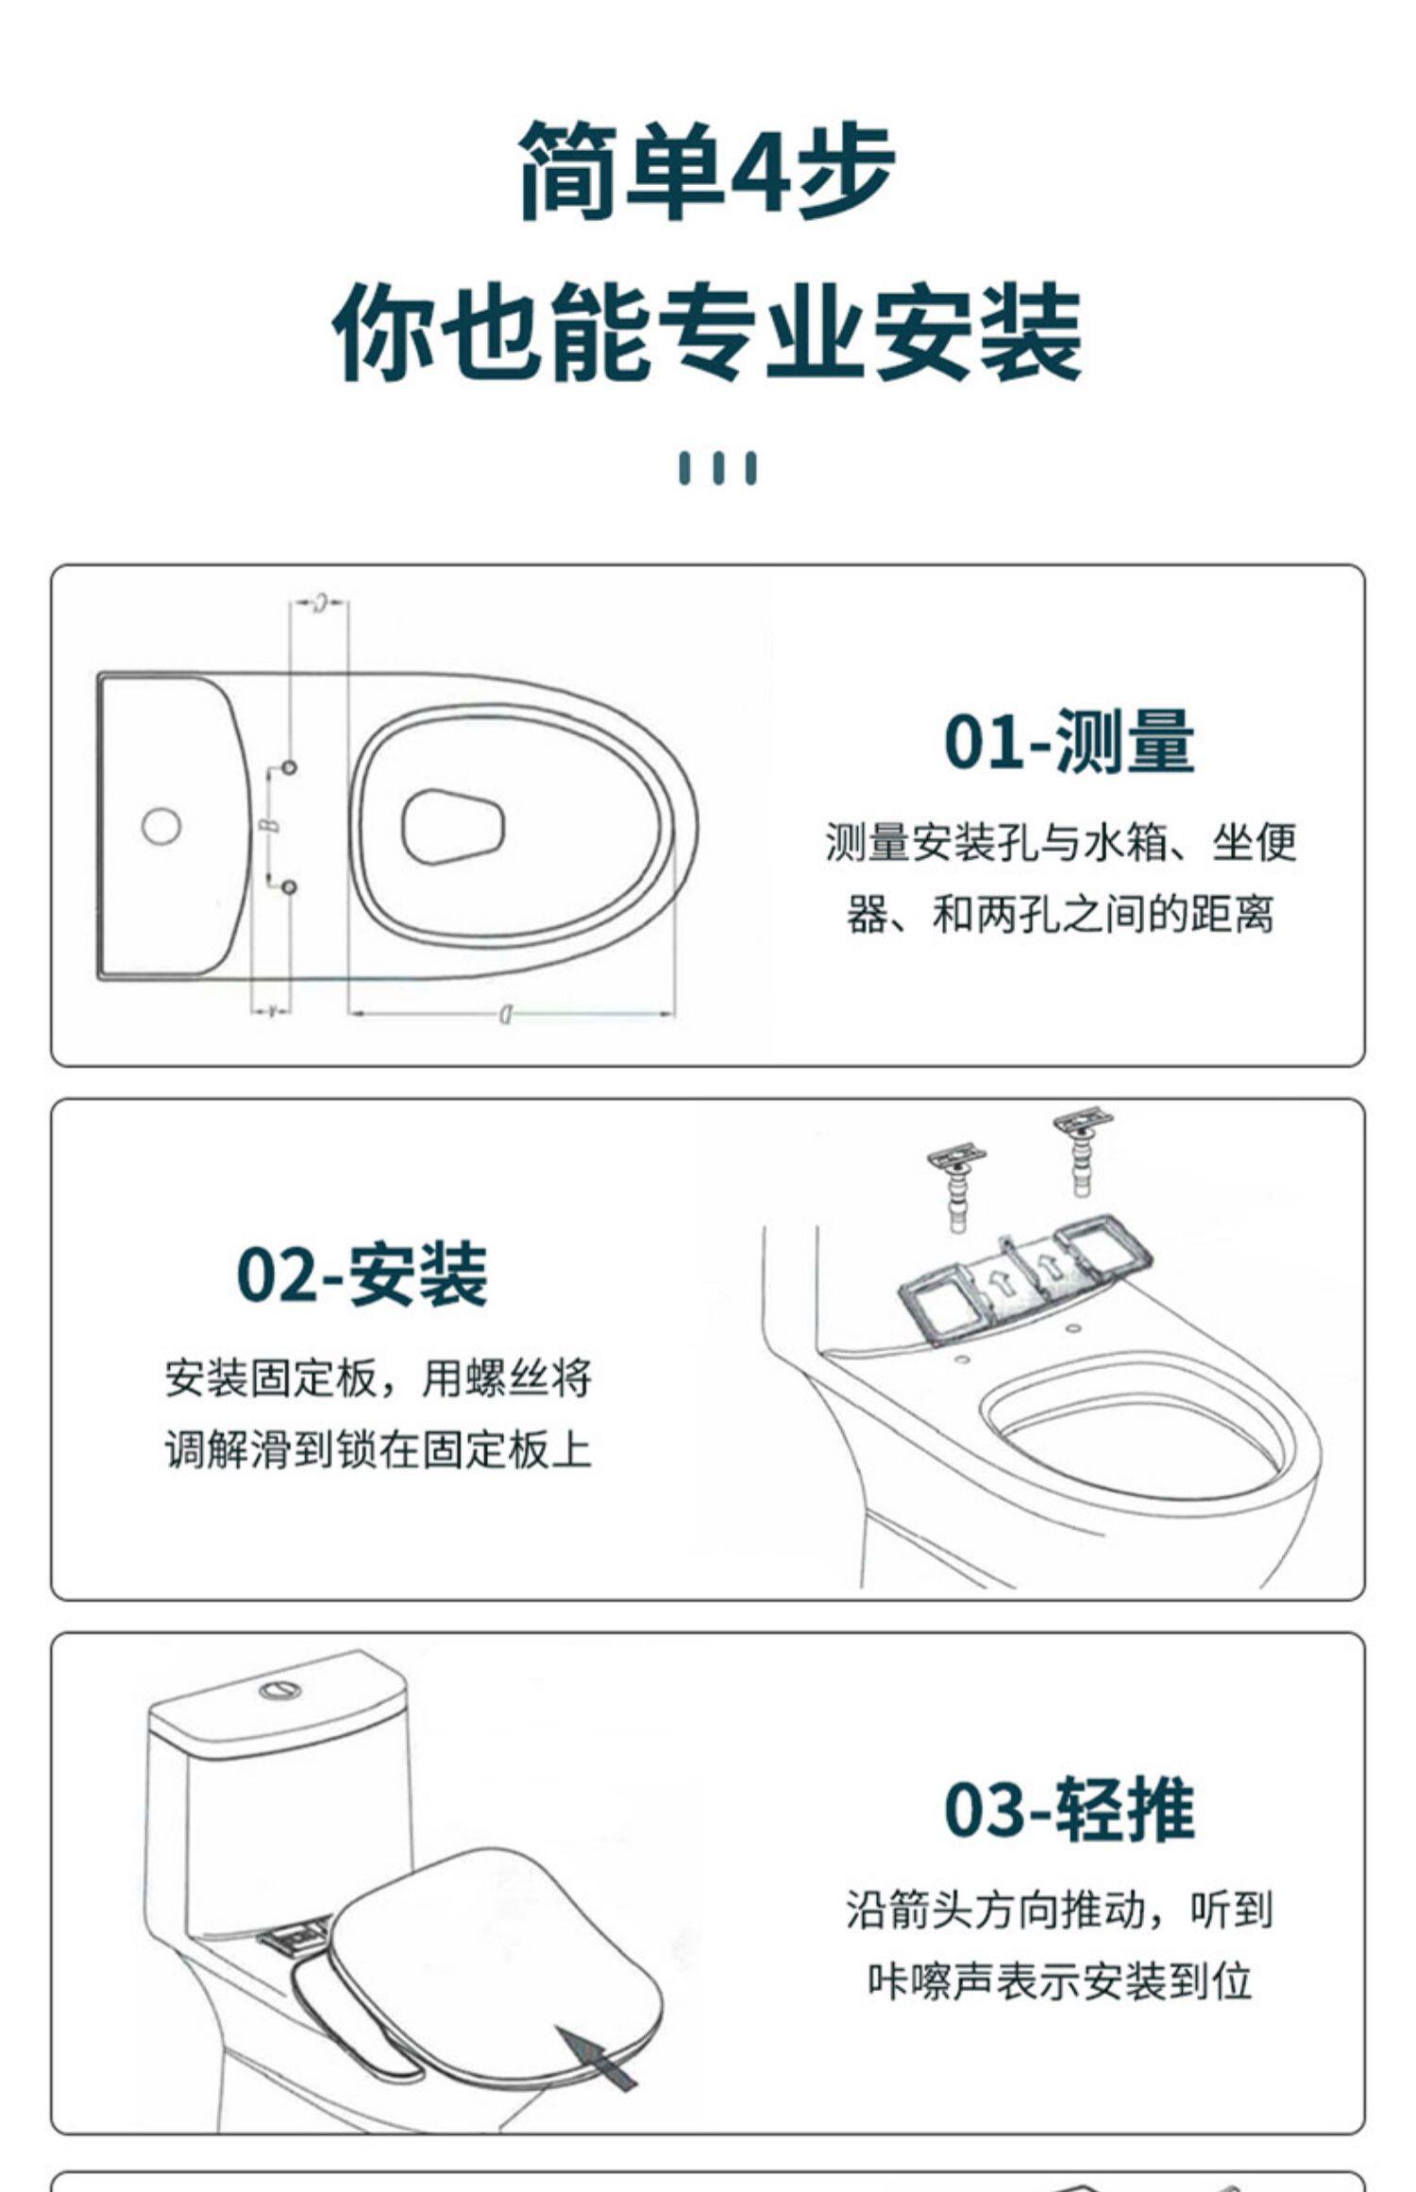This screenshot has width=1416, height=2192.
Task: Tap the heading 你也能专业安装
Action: tap(707, 334)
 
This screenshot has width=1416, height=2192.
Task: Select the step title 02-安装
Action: tap(362, 1274)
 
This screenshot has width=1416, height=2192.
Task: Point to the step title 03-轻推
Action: tap(1069, 1809)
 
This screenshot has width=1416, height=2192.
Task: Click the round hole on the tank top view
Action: tap(160, 825)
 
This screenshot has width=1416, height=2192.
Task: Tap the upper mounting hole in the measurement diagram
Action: tap(290, 767)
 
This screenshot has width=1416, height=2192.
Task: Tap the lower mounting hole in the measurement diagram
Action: tap(290, 887)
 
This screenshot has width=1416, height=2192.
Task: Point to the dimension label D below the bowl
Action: tap(506, 1015)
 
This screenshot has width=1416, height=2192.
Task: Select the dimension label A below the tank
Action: tap(271, 1012)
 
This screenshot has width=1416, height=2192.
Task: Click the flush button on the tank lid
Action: tap(281, 1688)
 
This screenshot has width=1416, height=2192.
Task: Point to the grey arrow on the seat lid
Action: tap(596, 2055)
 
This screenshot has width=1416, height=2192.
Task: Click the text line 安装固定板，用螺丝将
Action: tap(378, 1379)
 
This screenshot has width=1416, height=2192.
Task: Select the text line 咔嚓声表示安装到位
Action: tap(1060, 1981)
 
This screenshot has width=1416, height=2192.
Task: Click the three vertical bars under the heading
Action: tap(717, 468)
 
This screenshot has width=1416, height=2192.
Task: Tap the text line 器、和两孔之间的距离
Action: tap(1060, 915)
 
